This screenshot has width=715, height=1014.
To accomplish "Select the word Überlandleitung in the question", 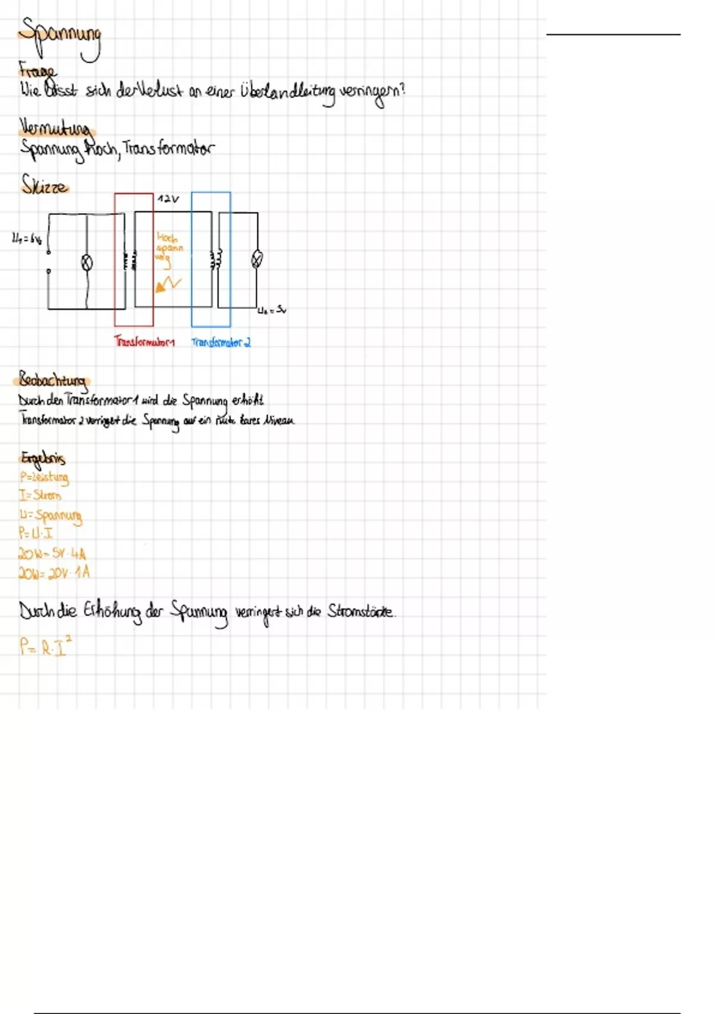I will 287,94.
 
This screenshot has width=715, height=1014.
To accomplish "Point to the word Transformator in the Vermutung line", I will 168,149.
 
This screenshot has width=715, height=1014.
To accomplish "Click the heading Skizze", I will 45,185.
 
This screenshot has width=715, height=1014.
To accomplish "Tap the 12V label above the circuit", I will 167,199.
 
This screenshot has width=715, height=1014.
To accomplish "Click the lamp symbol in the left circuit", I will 87,262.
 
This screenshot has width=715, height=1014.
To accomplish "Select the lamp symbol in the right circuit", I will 257,259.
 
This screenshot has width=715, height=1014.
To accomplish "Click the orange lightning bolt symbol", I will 168,284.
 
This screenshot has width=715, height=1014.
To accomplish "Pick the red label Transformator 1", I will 144,342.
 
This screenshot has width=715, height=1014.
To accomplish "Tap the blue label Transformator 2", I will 221,342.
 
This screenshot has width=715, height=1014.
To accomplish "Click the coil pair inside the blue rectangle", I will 216,259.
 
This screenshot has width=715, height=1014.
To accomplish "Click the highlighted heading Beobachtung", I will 53,380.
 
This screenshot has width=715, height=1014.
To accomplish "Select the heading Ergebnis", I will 43,458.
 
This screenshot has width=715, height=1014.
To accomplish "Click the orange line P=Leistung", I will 44,477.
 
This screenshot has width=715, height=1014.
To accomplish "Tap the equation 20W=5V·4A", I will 52,554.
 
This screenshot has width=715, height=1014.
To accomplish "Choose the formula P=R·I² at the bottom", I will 45,647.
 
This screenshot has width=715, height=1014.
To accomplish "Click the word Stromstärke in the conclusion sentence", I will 360,611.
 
